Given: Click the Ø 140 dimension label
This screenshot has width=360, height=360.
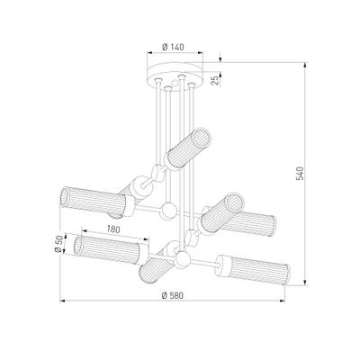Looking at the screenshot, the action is pos(173,47).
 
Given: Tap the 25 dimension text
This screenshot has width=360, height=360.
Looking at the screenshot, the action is pos(215,80).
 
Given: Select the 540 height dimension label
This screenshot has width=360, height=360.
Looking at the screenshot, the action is pos(300,174).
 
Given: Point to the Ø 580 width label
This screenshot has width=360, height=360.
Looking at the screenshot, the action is pos(172,295).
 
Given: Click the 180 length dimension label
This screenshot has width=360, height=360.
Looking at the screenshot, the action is pos(113,229).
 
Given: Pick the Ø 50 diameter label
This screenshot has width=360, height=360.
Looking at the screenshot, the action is pos(59,244).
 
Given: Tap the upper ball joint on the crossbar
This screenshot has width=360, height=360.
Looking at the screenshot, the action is pos(168,210).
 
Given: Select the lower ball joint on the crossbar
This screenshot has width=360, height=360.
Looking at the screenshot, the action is pos(182,259).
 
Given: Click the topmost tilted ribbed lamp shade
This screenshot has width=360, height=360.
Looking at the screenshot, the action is pos(188,148).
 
